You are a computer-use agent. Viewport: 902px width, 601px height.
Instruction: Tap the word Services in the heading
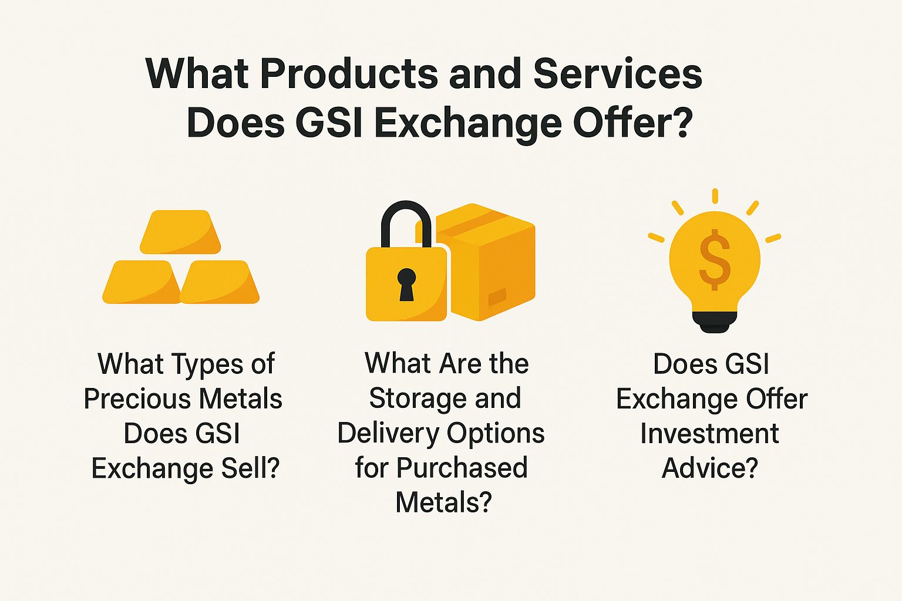click(617, 74)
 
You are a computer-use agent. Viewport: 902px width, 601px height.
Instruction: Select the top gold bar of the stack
click(180, 232)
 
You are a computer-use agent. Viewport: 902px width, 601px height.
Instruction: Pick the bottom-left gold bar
click(142, 282)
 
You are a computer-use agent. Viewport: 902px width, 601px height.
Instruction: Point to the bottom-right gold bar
click(220, 282)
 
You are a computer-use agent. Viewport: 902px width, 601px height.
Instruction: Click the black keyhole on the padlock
click(406, 284)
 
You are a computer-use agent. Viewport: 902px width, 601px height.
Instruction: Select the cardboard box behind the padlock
click(493, 264)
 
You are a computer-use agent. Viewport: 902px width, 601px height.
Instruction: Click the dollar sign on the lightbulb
click(715, 259)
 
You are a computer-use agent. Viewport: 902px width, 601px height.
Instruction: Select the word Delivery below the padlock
click(388, 434)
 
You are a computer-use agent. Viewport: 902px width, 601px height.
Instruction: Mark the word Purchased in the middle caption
click(462, 468)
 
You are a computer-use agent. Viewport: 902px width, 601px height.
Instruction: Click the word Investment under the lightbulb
click(709, 434)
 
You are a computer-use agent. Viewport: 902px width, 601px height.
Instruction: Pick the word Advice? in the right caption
click(709, 468)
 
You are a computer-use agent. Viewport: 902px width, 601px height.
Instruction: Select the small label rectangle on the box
click(497, 296)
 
